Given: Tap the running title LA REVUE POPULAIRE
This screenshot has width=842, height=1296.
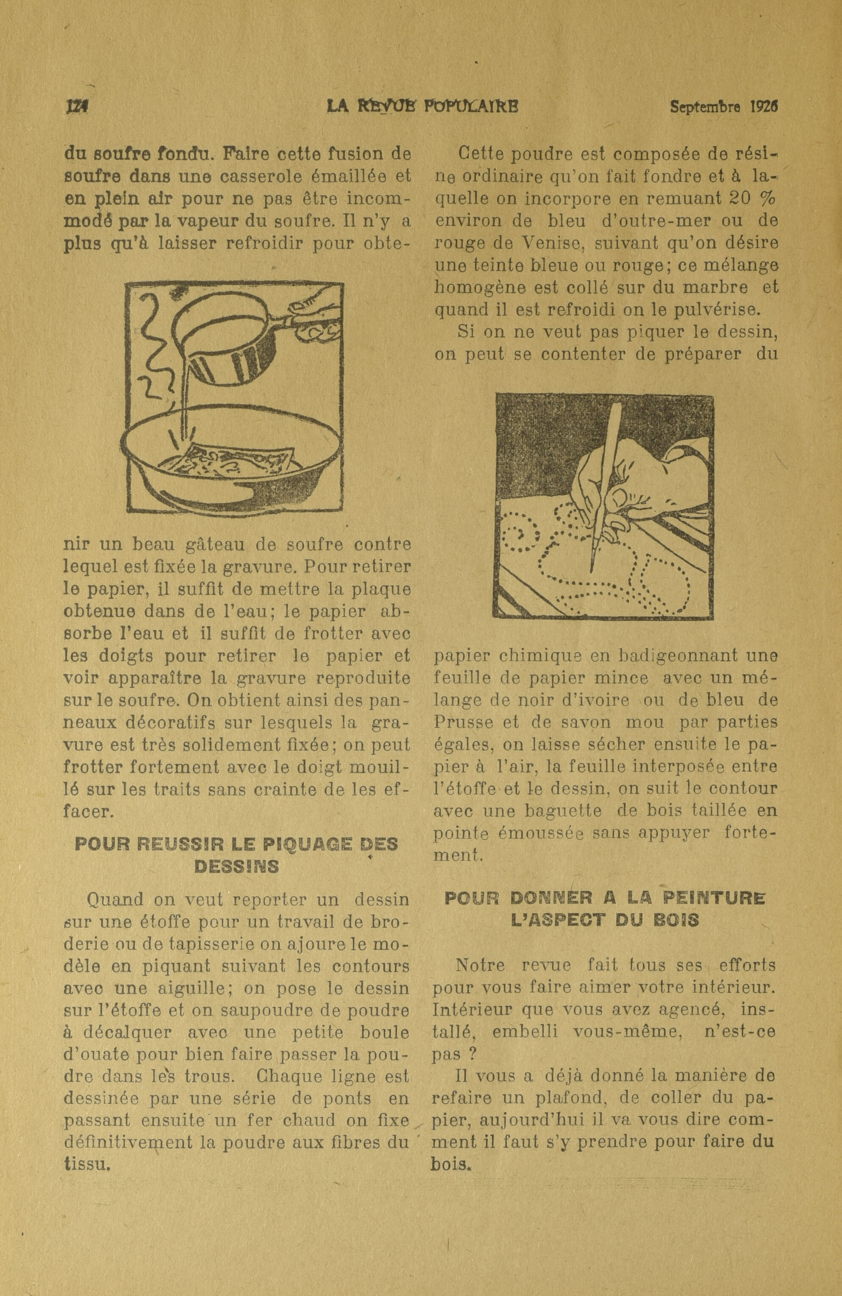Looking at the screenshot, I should pyautogui.click(x=422, y=106).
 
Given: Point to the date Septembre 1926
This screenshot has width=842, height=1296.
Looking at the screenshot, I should pyautogui.click(x=723, y=107).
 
